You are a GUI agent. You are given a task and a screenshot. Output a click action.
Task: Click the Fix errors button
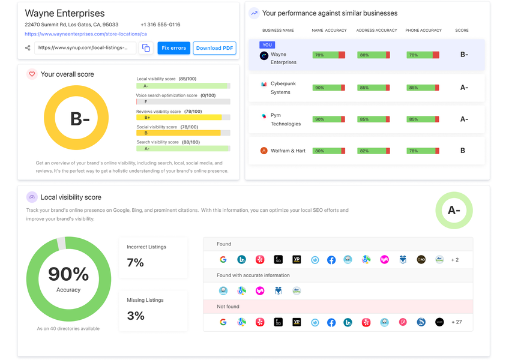(x=173, y=48)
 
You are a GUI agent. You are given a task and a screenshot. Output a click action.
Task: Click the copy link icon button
(x=146, y=48)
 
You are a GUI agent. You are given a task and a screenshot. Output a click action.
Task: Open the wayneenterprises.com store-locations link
(x=86, y=34)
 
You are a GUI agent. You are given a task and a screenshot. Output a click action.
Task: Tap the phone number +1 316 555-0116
(x=160, y=25)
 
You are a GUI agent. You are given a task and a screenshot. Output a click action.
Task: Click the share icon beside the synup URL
(x=28, y=48)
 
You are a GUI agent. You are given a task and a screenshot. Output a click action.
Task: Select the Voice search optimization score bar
(x=183, y=101)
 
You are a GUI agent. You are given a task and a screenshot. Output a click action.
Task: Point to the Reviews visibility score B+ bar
(x=183, y=118)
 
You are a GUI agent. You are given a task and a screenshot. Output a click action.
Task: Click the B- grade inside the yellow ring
(x=80, y=119)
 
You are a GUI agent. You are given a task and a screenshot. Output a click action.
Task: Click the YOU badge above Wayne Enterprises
(x=267, y=45)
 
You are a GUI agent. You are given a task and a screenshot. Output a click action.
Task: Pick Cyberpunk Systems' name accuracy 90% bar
(x=328, y=88)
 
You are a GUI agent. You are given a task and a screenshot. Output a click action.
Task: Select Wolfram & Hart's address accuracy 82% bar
(x=373, y=151)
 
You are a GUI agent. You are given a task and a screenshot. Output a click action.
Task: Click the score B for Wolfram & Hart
(x=463, y=151)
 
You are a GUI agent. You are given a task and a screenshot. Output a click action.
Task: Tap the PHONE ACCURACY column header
(x=423, y=31)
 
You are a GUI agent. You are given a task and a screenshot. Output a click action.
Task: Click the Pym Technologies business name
(x=286, y=119)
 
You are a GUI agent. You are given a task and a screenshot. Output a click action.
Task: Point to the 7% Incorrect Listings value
(x=135, y=263)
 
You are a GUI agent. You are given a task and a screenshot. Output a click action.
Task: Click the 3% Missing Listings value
(x=136, y=316)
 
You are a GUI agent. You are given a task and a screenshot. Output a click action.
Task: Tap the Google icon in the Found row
(x=223, y=259)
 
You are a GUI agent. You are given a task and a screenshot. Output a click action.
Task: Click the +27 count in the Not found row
(x=457, y=322)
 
